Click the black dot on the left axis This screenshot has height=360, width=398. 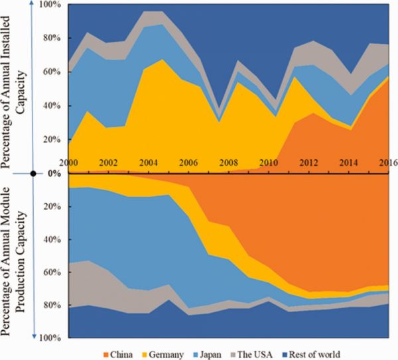pyautogui.click(x=33, y=174)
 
